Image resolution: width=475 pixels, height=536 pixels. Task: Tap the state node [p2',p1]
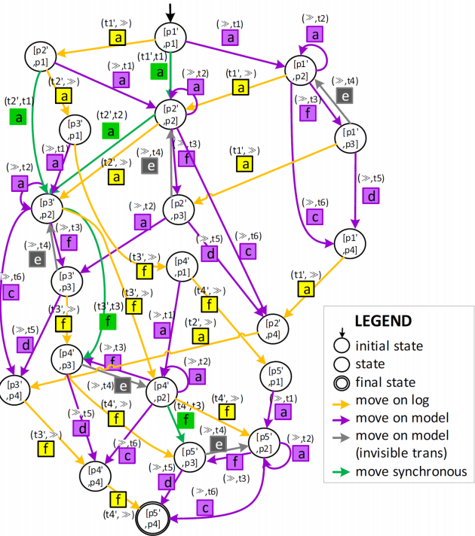41,56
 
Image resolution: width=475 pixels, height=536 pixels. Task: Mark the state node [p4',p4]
95,474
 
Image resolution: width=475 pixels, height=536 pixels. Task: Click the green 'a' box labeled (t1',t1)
158,72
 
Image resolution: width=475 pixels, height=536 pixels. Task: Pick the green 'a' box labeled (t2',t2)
110,131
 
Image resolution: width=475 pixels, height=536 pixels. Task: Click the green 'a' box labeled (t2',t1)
18,117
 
